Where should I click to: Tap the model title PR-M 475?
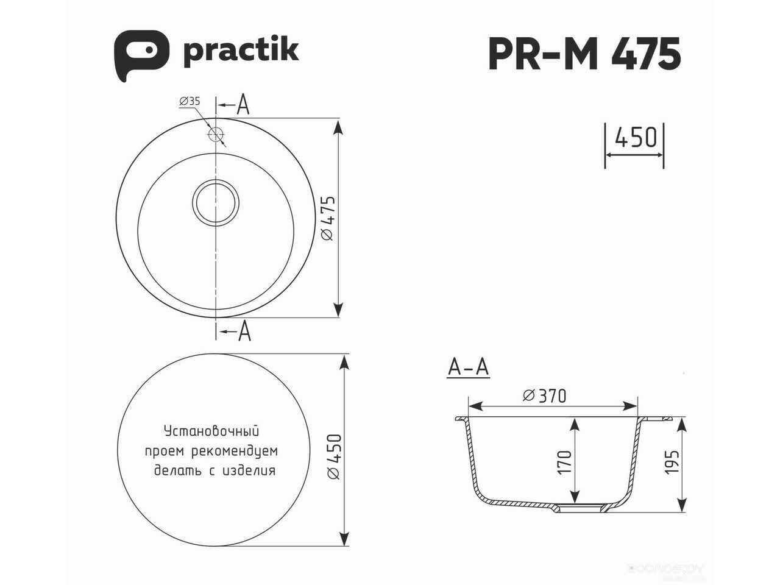click(x=584, y=54)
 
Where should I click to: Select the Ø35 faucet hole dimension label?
click(x=190, y=101)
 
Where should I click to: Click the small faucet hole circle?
click(x=216, y=134)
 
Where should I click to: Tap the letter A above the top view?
click(x=243, y=104)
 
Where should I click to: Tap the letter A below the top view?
click(x=244, y=331)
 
